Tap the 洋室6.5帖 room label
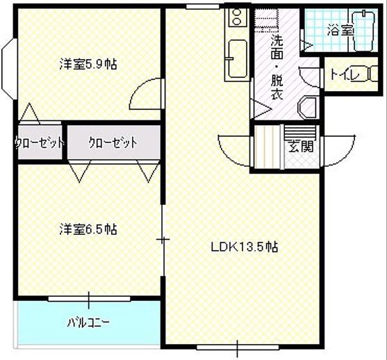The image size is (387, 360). point(88,229)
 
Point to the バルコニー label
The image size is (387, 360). point(88,322)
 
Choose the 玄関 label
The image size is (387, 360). point(301,147)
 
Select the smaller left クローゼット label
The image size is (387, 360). point(39,143)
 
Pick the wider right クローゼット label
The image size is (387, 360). point(113,143)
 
